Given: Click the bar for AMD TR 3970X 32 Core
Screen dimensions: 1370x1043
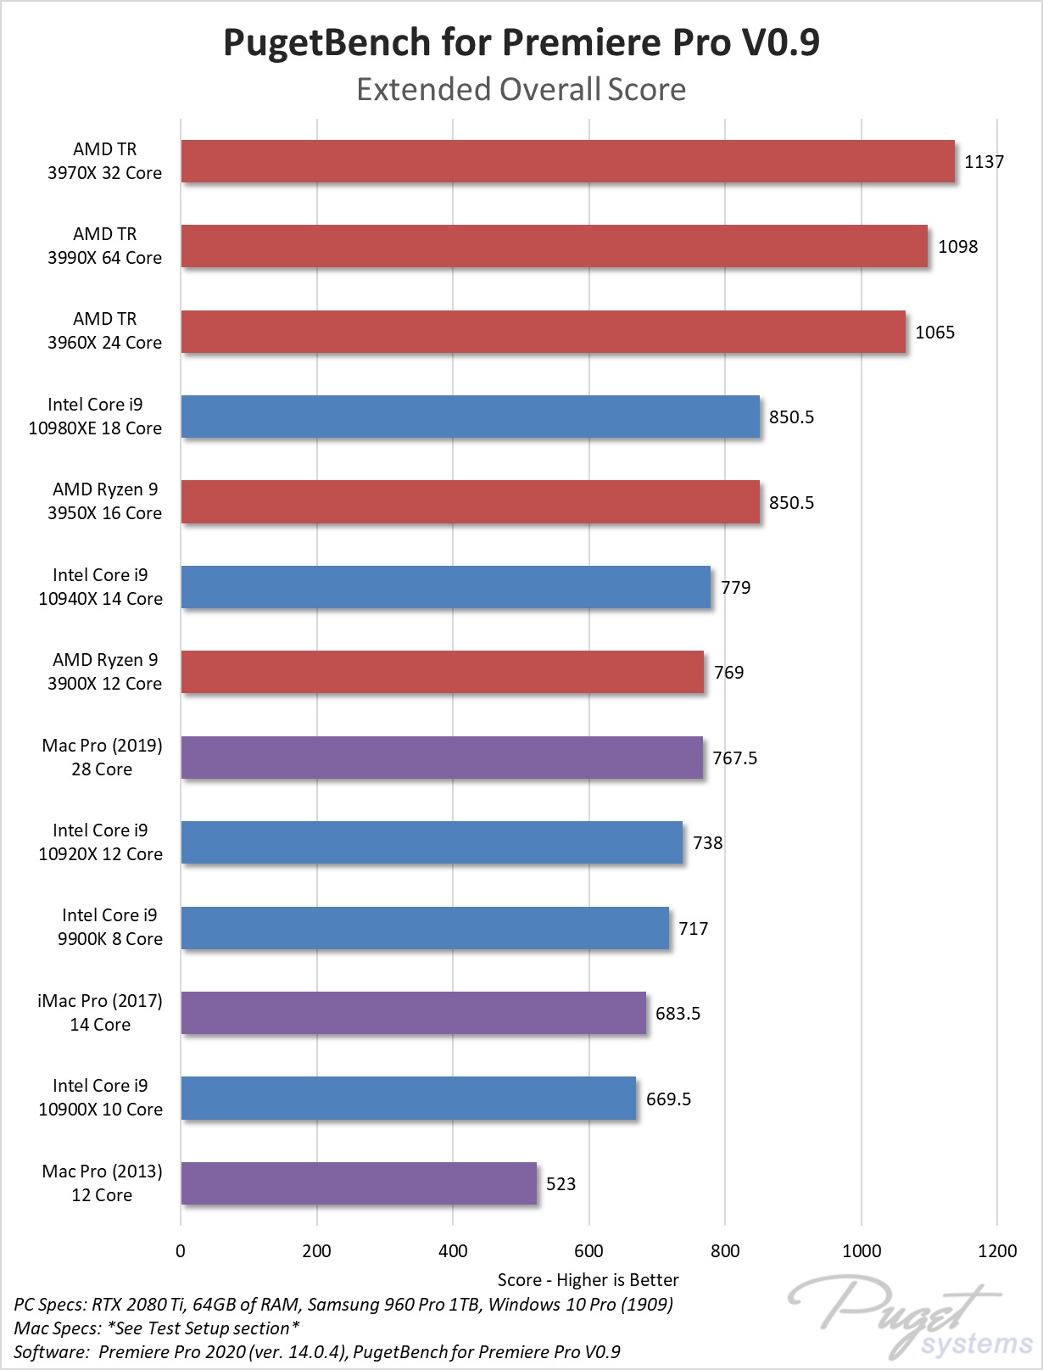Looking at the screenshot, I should point(568,161).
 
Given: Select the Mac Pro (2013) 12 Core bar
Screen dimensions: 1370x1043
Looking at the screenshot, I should point(359,1183).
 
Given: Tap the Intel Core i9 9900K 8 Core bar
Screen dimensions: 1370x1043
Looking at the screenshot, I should point(425,928).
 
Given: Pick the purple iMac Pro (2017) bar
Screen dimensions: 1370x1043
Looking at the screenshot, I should point(414,1013).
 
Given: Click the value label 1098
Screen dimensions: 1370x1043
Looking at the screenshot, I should point(957,247).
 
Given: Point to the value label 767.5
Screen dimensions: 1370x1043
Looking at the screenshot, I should point(734,758).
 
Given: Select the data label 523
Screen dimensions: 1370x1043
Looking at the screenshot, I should point(561,1184).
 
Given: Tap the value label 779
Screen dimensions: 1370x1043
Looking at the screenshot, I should point(735,588).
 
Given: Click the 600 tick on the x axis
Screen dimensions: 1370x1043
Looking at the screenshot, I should point(588,1251).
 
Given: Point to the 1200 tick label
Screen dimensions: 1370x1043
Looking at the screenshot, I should point(997,1251).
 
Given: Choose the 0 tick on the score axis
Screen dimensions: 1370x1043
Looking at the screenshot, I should point(181,1251).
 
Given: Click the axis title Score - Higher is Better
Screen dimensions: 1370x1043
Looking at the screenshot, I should point(588,1280).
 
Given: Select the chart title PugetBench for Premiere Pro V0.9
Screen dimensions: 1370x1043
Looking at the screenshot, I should point(521,42).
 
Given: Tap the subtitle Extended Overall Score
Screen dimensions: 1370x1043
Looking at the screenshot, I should point(521,89).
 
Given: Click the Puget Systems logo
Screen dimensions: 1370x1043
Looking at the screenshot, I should point(911,1321).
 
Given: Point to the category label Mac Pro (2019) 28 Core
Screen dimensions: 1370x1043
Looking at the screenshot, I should point(102,757).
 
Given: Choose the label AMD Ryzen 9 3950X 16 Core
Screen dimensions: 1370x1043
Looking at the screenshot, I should point(104,501).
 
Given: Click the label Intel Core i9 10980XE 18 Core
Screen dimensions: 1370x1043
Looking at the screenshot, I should point(95,416).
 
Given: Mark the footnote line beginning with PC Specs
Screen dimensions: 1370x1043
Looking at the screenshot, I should point(343,1304).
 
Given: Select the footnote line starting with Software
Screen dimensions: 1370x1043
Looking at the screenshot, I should point(317,1351).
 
